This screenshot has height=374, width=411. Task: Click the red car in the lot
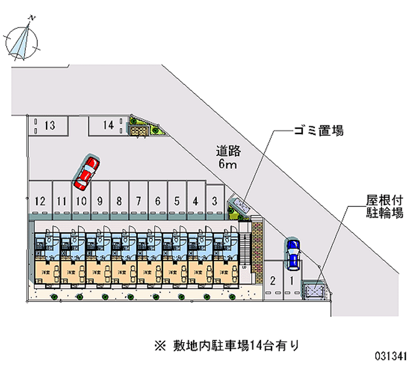pos(86,172)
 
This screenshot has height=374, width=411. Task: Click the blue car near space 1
pos(292,254)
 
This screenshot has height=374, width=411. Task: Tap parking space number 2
pos(273,281)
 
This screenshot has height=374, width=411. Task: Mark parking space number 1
pos(291,281)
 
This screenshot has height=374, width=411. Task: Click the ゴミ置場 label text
pos(318,131)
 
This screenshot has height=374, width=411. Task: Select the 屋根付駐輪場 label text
pos(384,206)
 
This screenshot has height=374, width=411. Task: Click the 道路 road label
pos(228,151)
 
